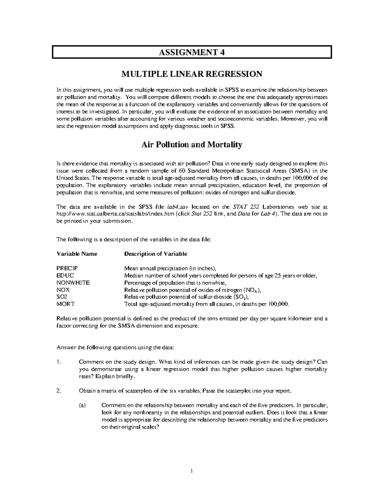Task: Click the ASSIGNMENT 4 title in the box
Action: [192, 52]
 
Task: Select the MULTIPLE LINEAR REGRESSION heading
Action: [192, 74]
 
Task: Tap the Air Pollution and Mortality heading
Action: [192, 145]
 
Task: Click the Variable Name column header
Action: [77, 254]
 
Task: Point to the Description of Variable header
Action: [156, 254]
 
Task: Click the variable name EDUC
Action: [65, 276]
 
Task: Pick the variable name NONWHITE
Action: [73, 283]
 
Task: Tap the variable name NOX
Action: [63, 290]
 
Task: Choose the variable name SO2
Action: [62, 297]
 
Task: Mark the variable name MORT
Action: [65, 304]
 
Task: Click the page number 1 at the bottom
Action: [191, 471]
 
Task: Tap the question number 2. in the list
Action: [58, 391]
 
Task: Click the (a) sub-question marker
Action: [82, 405]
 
